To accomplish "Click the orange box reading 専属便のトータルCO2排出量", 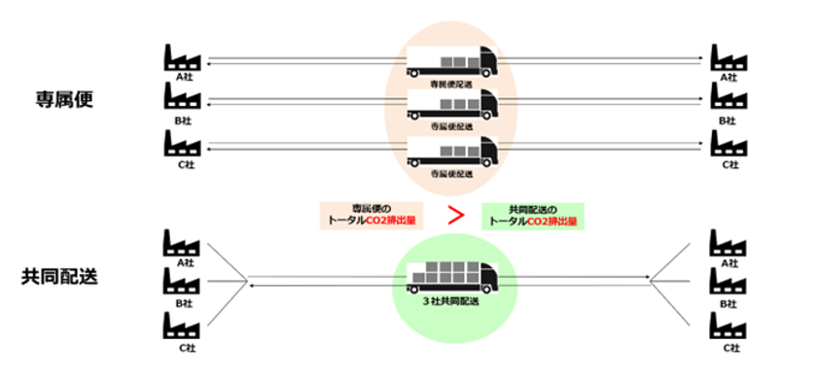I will pos(368,215).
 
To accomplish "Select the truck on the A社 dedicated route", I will pos(451,61).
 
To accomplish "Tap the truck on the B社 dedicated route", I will pos(451,104).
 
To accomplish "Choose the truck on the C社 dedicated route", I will pos(451,151).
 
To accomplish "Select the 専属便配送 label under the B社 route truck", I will pos(451,127).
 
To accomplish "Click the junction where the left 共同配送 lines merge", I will pos(244,283).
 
